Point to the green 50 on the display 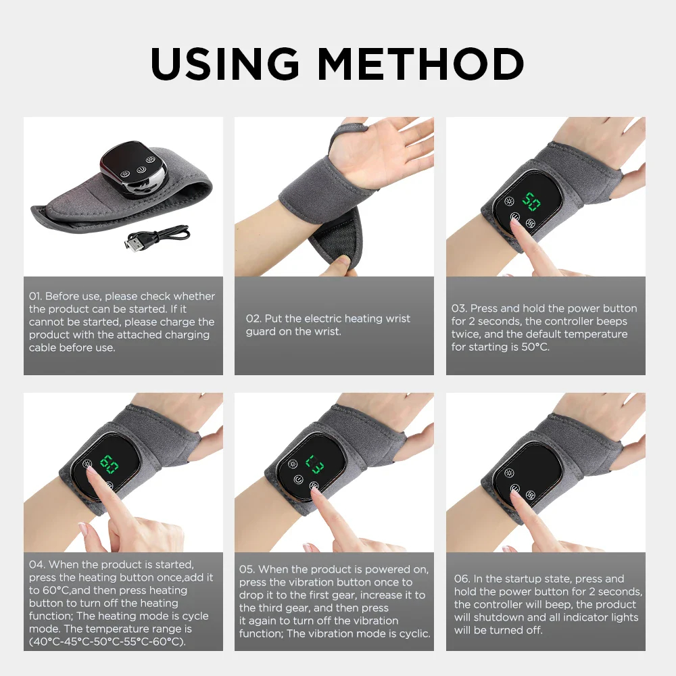[531, 201]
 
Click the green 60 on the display [109, 464]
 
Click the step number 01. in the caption [36, 296]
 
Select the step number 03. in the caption [459, 308]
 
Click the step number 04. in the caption [37, 564]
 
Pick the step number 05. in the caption [247, 569]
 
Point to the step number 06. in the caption [462, 579]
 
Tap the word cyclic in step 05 [412, 633]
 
